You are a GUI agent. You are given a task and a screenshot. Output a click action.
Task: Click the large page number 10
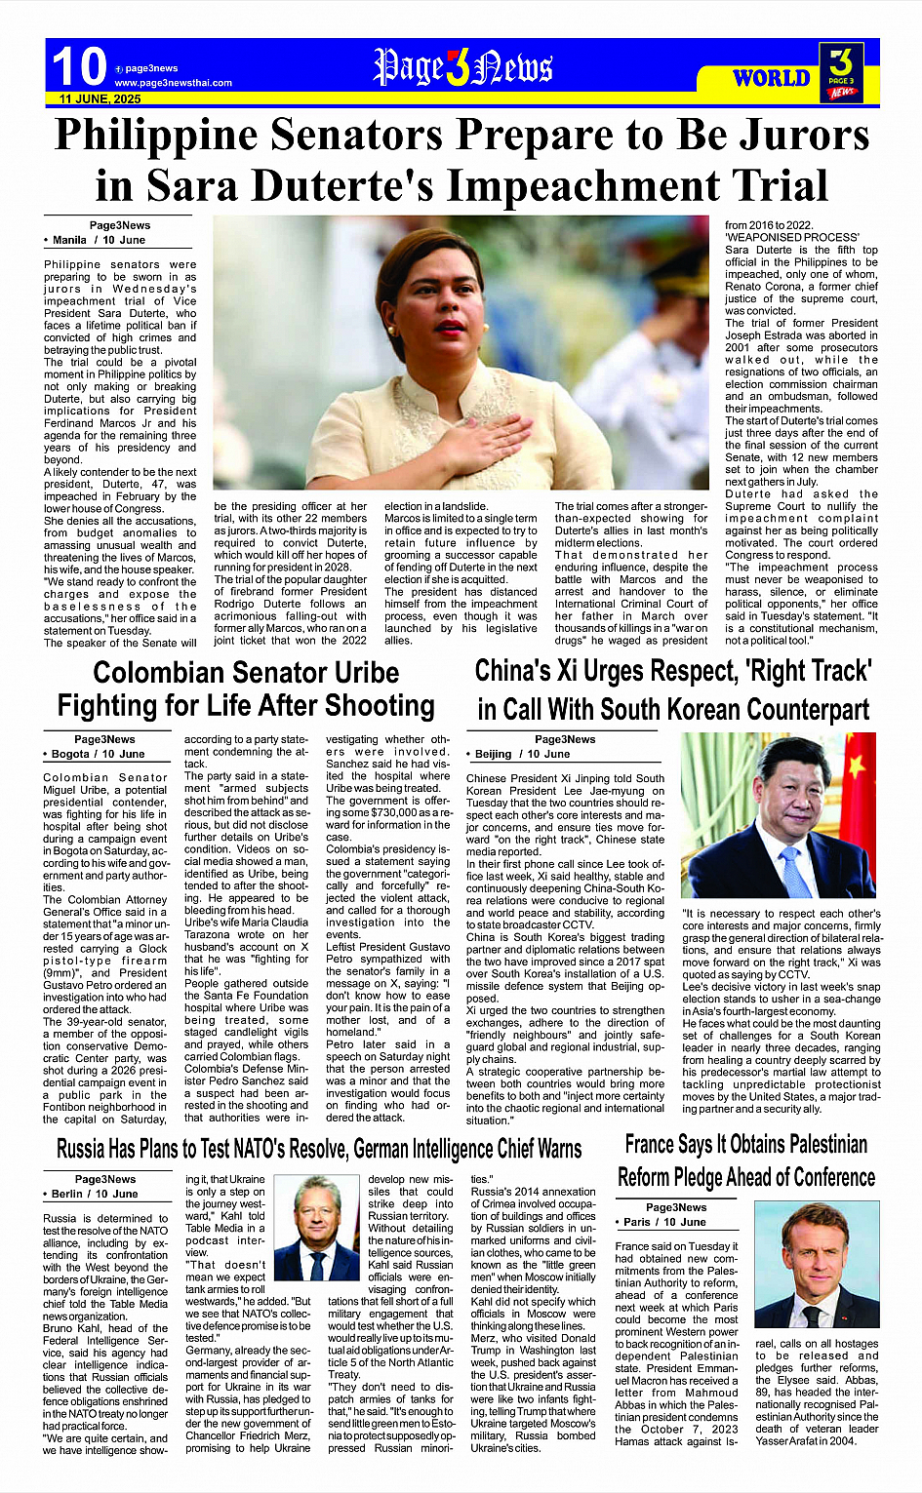[x=78, y=66]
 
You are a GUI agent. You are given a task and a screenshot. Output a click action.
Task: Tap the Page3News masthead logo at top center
[x=462, y=67]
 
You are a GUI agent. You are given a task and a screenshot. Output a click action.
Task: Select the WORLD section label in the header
[x=771, y=78]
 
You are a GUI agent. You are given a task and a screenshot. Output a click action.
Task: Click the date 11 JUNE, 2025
[x=100, y=98]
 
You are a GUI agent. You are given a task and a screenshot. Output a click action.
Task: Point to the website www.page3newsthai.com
[x=173, y=83]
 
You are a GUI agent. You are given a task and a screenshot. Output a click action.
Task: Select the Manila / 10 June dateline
[x=98, y=240]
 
